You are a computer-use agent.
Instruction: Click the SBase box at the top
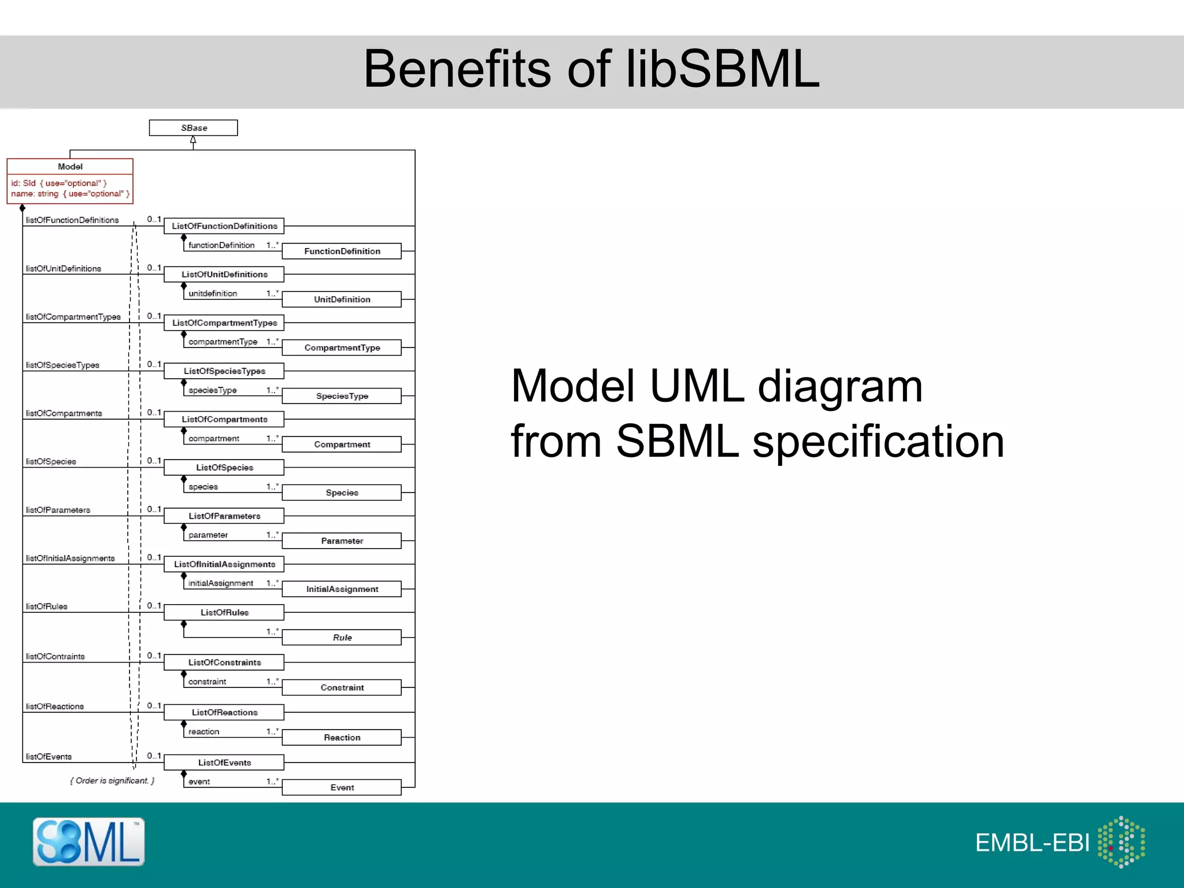pos(193,128)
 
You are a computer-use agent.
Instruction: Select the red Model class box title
pos(70,166)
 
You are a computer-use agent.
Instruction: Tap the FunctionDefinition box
pos(342,251)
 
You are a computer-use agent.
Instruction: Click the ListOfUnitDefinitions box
pos(224,274)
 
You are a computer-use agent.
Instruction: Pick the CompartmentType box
pos(342,347)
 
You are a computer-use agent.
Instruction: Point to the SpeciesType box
pos(342,396)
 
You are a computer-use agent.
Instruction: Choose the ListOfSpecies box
pos(224,467)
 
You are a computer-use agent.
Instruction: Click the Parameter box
pos(342,541)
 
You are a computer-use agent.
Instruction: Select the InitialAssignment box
pos(342,589)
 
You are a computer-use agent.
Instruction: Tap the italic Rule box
pos(342,637)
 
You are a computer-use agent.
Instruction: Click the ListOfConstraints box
pos(224,662)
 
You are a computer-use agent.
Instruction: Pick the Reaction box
pos(342,737)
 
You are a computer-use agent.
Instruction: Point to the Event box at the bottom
pos(342,787)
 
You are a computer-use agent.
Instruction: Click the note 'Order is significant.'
pos(113,780)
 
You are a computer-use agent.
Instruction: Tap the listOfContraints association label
pos(55,656)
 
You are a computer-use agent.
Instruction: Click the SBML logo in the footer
pos(88,842)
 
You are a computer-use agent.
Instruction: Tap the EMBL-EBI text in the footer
pos(1032,843)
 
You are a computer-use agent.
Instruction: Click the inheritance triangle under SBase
pos(193,140)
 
